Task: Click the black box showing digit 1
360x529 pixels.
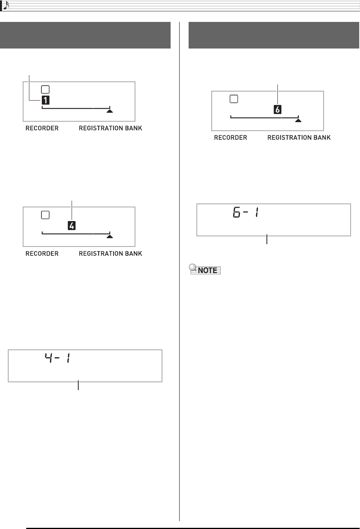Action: pos(46,100)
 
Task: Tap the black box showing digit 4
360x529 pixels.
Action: pos(72,226)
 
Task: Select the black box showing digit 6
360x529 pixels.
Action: pos(277,110)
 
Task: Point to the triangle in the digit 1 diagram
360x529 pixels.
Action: pos(110,111)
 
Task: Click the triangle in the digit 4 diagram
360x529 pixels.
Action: pos(110,236)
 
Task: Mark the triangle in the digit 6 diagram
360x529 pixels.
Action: pos(298,121)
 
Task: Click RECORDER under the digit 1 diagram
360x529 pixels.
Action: pos(42,128)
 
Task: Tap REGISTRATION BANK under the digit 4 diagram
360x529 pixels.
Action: pos(110,254)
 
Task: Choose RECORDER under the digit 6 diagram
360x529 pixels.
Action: pos(230,138)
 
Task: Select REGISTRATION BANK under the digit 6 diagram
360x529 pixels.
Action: pos(299,138)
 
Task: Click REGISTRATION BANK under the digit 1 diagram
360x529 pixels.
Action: pos(110,128)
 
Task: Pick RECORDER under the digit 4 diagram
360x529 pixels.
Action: pos(42,254)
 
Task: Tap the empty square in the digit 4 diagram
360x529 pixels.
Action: pos(45,215)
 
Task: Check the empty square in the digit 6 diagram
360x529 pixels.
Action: pos(234,99)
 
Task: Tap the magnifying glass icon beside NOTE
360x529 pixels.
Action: pos(193,268)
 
